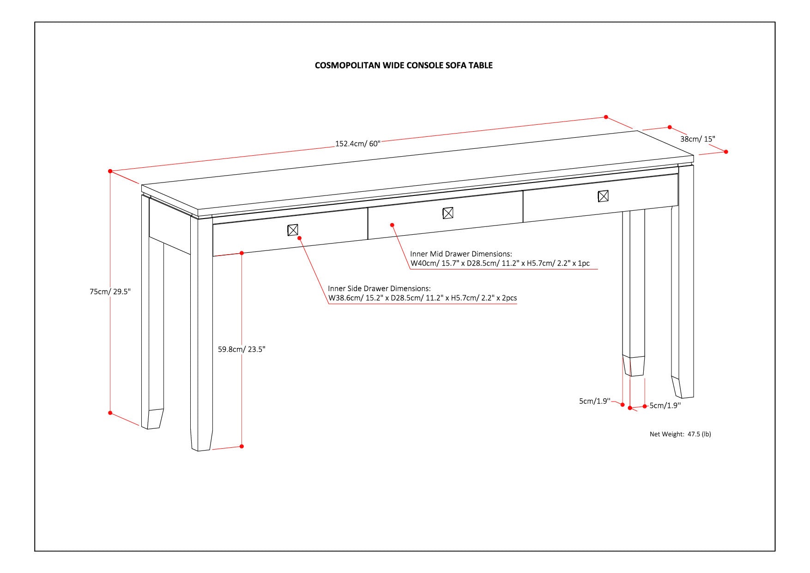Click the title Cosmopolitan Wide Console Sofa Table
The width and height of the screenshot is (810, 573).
pyautogui.click(x=404, y=66)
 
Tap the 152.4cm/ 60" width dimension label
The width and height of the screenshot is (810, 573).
pyautogui.click(x=357, y=144)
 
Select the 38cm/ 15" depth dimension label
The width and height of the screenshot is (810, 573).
pyautogui.click(x=697, y=139)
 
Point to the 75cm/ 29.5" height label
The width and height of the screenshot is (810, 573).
pyautogui.click(x=110, y=292)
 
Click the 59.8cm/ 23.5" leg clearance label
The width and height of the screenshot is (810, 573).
pyautogui.click(x=242, y=349)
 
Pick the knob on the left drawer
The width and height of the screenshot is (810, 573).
pyautogui.click(x=293, y=230)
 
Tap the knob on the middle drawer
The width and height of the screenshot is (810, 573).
pyautogui.click(x=448, y=213)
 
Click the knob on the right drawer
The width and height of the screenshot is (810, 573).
pyautogui.click(x=603, y=196)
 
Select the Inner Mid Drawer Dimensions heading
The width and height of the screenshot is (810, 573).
pyautogui.click(x=461, y=254)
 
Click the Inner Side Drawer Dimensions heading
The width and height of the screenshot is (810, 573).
pyautogui.click(x=379, y=289)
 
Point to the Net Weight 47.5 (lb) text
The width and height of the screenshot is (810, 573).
pyautogui.click(x=680, y=434)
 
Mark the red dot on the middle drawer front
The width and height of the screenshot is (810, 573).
pyautogui.click(x=392, y=225)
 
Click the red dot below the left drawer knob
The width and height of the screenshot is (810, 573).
pyautogui.click(x=300, y=238)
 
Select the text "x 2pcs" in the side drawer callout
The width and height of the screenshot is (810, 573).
pyautogui.click(x=507, y=298)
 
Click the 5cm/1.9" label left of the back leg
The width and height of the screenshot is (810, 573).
pyautogui.click(x=595, y=401)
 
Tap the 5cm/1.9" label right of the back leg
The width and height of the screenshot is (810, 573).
pyautogui.click(x=665, y=406)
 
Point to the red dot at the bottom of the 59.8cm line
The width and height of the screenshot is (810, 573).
pyautogui.click(x=242, y=446)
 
